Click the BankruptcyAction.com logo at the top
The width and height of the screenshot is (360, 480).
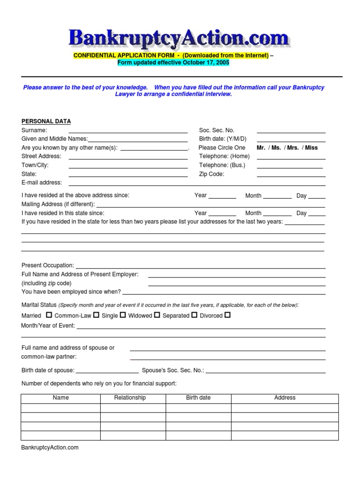[x=179, y=38]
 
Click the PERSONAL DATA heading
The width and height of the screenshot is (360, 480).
[x=46, y=121]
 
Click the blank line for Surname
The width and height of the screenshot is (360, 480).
[x=128, y=133]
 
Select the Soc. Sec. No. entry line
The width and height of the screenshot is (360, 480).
[x=291, y=133]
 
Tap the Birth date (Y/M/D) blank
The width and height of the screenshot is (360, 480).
[x=291, y=141]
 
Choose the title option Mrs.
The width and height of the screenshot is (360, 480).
[x=293, y=148]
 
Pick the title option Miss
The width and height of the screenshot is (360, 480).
[x=311, y=148]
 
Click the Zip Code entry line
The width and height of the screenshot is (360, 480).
[x=291, y=176]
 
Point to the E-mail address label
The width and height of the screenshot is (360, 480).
[x=42, y=183]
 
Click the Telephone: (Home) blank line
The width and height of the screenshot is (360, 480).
[x=291, y=159]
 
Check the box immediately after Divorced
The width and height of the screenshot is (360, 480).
[x=228, y=315]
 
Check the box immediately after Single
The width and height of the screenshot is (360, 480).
[x=123, y=315]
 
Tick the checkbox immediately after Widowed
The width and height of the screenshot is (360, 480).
[x=157, y=315]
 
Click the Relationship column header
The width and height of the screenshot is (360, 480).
[x=130, y=397]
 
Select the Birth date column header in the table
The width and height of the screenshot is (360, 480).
[x=198, y=397]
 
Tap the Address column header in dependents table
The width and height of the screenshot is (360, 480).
[x=285, y=397]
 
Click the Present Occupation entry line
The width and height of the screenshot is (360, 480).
[x=200, y=268]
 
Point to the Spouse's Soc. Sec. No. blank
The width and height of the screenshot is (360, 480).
[x=266, y=372]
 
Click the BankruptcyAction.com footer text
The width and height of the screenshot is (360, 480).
[x=50, y=448]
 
